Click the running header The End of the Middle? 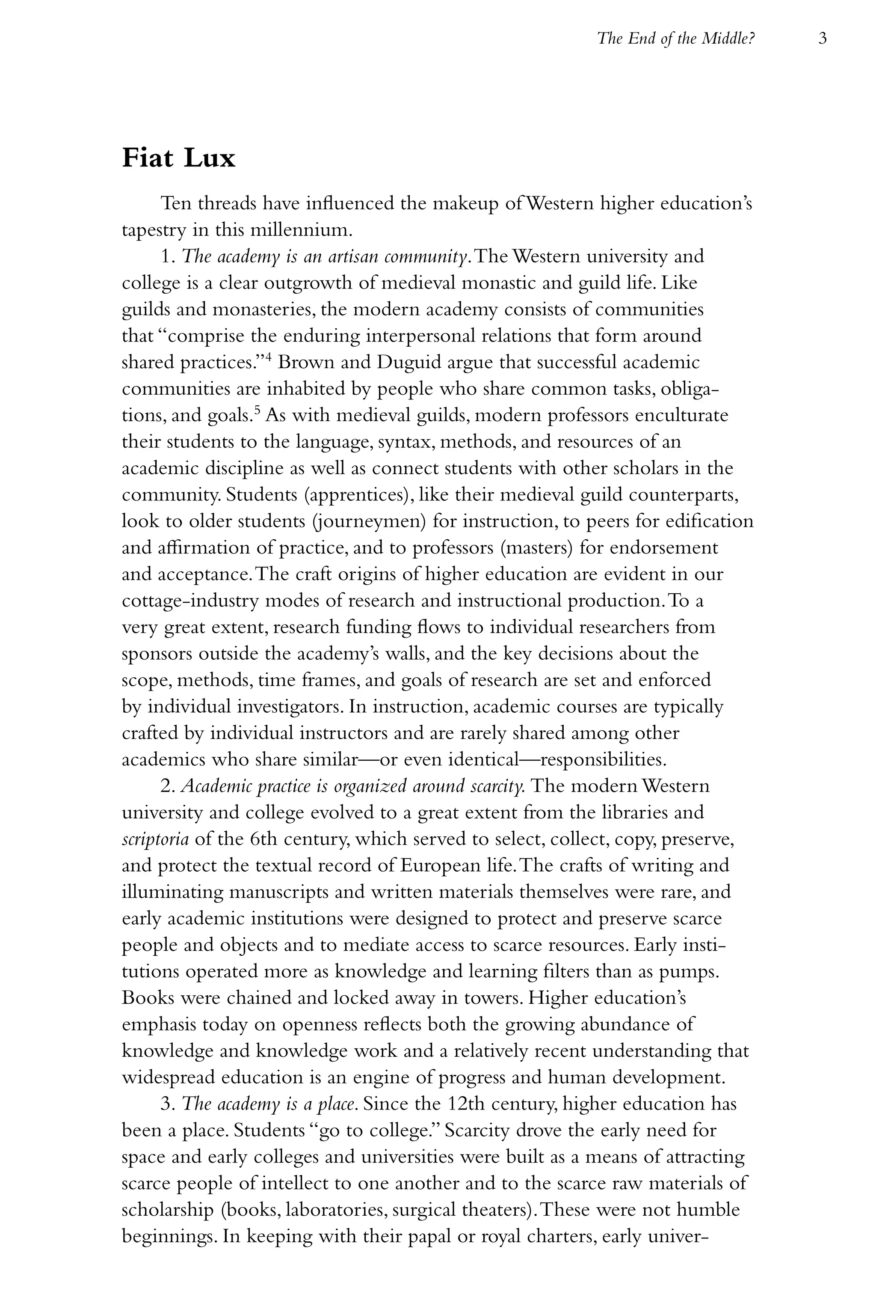pos(676,39)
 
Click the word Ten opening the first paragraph pos(175,203)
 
